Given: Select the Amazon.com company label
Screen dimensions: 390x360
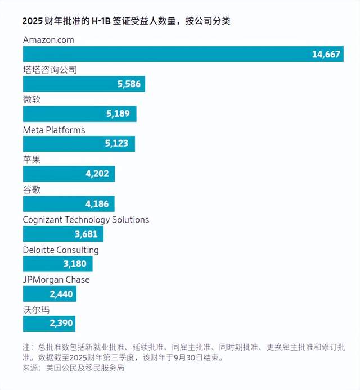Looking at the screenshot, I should pos(48,40).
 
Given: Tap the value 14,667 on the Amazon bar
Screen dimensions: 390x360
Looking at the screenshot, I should pos(326,54).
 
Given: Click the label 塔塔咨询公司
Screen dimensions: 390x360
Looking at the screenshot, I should pos(49,70).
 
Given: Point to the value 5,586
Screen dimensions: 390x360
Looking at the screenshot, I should pos(128,84).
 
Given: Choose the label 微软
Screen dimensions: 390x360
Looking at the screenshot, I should pos(31,99).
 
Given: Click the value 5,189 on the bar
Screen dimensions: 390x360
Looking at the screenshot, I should pos(118,114).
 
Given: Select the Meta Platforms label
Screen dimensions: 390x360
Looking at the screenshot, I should pos(54,130).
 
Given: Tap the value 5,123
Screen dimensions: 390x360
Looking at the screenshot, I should pos(116,144).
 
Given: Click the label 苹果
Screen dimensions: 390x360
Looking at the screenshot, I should pos(31,160).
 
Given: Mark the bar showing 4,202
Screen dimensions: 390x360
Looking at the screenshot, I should pos(69,174).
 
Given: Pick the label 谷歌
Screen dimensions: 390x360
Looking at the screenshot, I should pos(31,189).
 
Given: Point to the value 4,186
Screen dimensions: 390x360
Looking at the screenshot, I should pos(97,204).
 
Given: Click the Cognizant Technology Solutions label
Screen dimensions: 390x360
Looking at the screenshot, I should pos(86,220).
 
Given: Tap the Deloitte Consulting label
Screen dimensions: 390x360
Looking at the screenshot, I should pos(61,250).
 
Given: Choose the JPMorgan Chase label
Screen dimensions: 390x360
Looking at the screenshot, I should pos(56,280).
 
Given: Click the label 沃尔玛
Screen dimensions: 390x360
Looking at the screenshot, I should pos(35,310).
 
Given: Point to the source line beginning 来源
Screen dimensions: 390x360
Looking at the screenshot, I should pos(73,368).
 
